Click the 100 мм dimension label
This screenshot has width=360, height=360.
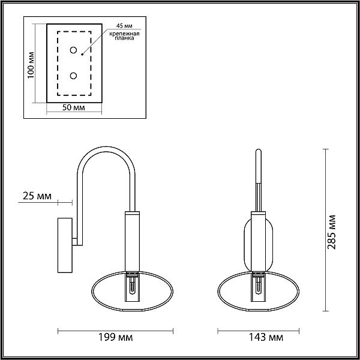pos(31,65)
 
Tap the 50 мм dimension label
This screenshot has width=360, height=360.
pos(73,107)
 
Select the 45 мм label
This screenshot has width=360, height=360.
pos(124,25)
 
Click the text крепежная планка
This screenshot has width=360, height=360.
pos(124,36)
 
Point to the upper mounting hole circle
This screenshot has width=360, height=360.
pos(73,50)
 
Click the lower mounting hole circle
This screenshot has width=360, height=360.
pos(73,76)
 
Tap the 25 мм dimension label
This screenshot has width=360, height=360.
pos(37,196)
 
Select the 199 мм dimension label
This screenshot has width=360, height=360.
pos(115,337)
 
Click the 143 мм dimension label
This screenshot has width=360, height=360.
pos(266,337)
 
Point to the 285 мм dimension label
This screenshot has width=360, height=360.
pos(332,232)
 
